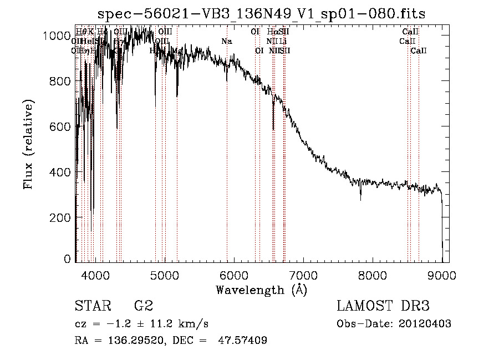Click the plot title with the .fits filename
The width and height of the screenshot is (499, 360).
(262, 14)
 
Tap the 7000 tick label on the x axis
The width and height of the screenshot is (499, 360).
(303, 275)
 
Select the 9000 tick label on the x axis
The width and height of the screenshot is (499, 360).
(442, 275)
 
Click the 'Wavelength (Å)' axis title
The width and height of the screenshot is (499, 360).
(261, 290)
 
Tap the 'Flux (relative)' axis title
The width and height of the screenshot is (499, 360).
(28, 145)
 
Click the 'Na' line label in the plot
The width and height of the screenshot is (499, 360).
(226, 41)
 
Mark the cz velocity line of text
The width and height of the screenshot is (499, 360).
(141, 323)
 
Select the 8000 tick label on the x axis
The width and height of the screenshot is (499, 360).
(373, 275)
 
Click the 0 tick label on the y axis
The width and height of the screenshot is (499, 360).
(67, 259)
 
